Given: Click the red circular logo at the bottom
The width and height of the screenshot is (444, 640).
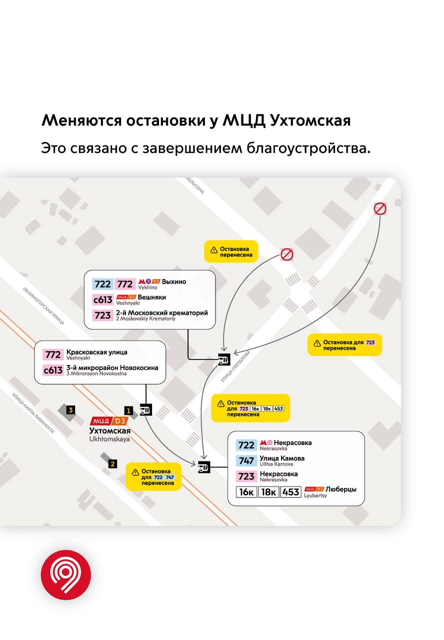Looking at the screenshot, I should point(66,574).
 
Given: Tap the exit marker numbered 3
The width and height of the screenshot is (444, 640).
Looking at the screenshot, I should point(71,410).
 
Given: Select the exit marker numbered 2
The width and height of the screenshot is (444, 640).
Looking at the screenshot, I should point(113,464).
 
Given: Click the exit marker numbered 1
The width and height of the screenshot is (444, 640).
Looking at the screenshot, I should point(128,411).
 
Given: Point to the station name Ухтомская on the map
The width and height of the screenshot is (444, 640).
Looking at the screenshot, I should point(109,430).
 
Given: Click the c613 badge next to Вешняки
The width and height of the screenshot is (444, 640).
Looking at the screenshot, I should point(102,300).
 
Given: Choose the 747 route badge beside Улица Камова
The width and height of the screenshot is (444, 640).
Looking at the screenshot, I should point(246,461).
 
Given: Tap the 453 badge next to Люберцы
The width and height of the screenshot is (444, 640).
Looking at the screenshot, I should point(290,492).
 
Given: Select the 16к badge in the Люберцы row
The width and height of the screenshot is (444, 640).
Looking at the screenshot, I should point(246,492).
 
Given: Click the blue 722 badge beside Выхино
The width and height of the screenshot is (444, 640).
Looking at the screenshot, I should point(102,284).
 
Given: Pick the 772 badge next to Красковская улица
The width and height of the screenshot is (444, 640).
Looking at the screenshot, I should point(53,354).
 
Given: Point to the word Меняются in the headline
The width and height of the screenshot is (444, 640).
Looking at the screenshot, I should point(81,120).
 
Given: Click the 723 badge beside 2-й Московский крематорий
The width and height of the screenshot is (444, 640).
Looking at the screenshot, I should point(102,315).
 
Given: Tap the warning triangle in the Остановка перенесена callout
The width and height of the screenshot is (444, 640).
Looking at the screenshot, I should point(214,250).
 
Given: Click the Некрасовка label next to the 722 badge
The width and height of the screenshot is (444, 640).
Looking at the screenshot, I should point(292,442).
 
